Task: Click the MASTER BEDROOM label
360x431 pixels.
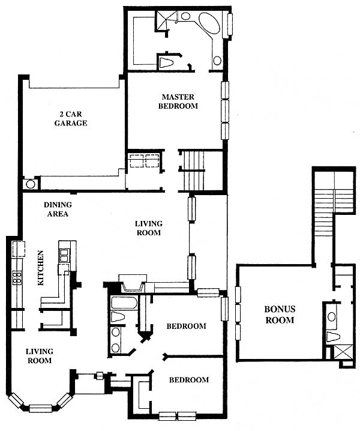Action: point(178,101)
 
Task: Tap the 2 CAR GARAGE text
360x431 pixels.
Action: point(71,118)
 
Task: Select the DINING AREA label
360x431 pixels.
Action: point(58,209)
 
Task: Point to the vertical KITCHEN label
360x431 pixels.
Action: point(40,268)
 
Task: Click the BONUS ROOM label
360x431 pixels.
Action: point(280,315)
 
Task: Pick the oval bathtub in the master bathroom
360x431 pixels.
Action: point(209,23)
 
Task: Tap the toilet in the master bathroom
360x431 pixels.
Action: point(166,62)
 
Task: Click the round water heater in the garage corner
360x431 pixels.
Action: point(30,184)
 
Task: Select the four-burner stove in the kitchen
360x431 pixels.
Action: point(17,278)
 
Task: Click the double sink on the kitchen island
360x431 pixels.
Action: point(64,255)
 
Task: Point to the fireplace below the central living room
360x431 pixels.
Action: point(133,283)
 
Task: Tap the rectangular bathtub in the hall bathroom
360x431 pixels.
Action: point(124,303)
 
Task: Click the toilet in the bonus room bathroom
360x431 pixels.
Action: point(334,337)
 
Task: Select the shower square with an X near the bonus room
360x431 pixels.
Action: point(343,352)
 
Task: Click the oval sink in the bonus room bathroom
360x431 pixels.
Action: point(332,316)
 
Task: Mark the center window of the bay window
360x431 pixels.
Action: point(40,408)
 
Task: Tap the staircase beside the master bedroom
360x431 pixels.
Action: point(194,170)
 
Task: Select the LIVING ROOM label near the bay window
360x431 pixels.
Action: point(40,356)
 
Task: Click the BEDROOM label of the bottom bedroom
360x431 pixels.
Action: point(189,380)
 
